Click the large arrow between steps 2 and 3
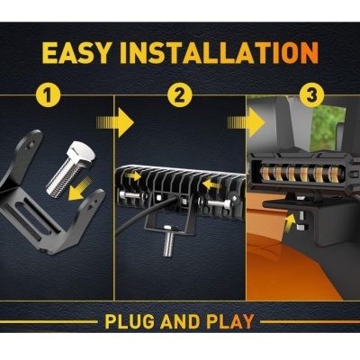[x=258, y=121]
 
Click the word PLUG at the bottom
[x=133, y=321]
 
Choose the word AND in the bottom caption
[x=183, y=321]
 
